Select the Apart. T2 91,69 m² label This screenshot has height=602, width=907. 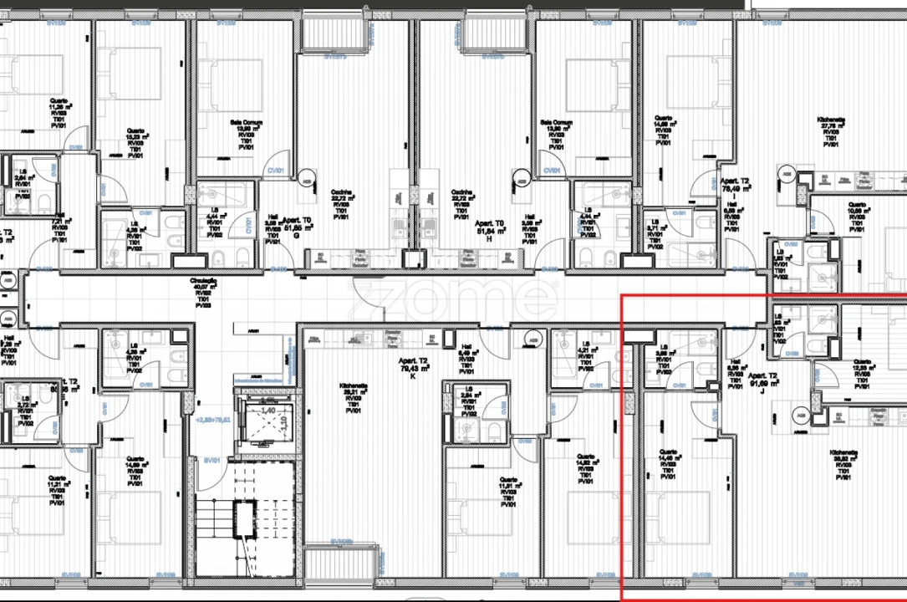[763, 380]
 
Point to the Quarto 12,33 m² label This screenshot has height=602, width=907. [863, 374]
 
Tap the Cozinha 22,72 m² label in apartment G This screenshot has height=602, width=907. [342, 203]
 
